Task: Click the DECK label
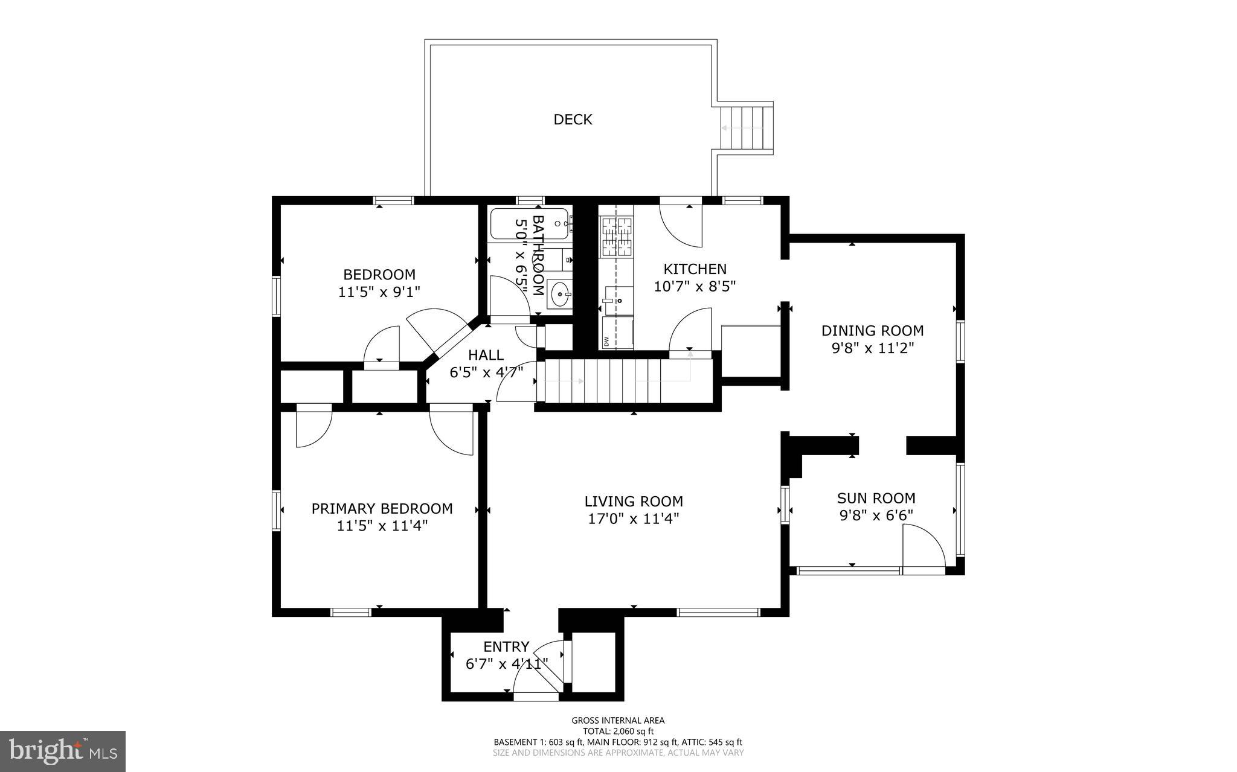(x=573, y=120)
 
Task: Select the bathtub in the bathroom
(x=529, y=224)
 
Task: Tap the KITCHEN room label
(x=695, y=269)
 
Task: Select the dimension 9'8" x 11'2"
(x=872, y=348)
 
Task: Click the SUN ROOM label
(x=876, y=498)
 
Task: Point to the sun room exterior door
(x=923, y=547)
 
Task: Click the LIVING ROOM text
(x=634, y=501)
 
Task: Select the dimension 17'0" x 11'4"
(x=634, y=518)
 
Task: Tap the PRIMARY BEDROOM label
(x=382, y=508)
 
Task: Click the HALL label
(x=486, y=355)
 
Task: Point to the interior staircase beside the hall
(x=622, y=381)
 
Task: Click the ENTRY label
(x=506, y=647)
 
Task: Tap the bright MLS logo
(x=63, y=751)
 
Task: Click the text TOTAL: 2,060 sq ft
(x=618, y=731)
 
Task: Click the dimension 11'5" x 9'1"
(x=379, y=292)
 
